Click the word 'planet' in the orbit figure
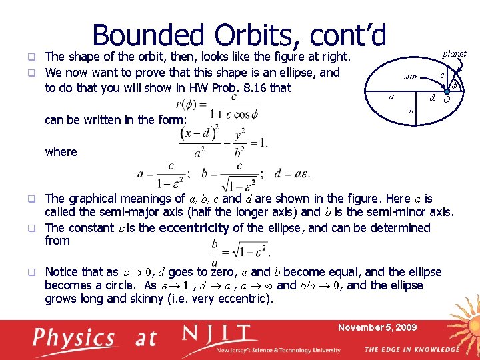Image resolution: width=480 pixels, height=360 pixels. pyautogui.click(x=453, y=53)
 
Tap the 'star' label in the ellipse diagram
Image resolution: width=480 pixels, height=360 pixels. pyautogui.click(x=411, y=77)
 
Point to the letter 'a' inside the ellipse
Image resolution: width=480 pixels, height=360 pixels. pyautogui.click(x=392, y=97)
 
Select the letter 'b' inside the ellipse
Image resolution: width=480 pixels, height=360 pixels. pyautogui.click(x=411, y=109)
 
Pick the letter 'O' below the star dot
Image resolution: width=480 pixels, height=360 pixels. pyautogui.click(x=447, y=101)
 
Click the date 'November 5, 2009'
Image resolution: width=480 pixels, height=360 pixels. pyautogui.click(x=377, y=327)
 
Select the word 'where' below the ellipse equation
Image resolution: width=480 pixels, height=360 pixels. pyautogui.click(x=61, y=152)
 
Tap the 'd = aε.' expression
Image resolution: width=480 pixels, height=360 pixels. pyautogui.click(x=292, y=174)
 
